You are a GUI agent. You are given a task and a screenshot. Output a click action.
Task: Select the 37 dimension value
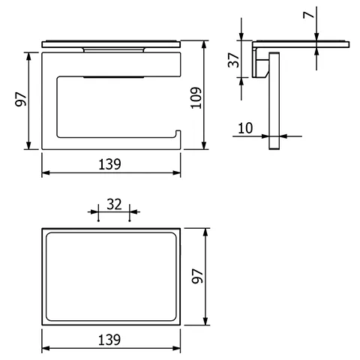tap(234, 60)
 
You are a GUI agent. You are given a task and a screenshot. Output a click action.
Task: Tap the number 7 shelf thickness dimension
tap(308, 15)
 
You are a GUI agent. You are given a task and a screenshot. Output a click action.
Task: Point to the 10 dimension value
tap(245, 128)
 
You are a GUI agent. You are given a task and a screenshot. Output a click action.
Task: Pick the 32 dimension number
tap(114, 204)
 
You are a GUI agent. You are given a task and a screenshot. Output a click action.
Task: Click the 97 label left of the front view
tap(21, 99)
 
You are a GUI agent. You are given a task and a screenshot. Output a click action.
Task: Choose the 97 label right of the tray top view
tap(197, 276)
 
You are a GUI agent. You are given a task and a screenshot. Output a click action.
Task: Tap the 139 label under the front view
tap(109, 164)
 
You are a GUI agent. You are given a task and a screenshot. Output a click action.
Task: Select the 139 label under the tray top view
tap(109, 340)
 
